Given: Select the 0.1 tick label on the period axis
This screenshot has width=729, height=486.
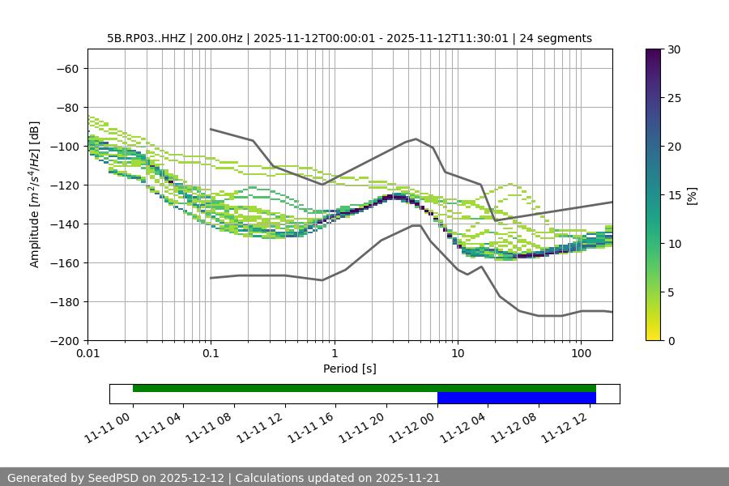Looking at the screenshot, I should [x=211, y=354].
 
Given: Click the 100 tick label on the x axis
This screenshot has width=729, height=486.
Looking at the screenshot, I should [x=581, y=354].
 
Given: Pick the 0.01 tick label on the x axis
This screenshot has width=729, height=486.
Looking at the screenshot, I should [x=87, y=354].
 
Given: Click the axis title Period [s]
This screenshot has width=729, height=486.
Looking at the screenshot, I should [x=349, y=369].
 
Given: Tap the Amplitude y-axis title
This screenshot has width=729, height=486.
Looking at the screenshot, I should [x=35, y=194].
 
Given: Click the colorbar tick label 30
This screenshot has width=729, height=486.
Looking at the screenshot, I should [x=673, y=49].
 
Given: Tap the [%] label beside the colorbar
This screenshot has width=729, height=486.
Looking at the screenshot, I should [x=691, y=195].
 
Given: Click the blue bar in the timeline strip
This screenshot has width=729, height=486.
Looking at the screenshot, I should [x=516, y=398].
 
